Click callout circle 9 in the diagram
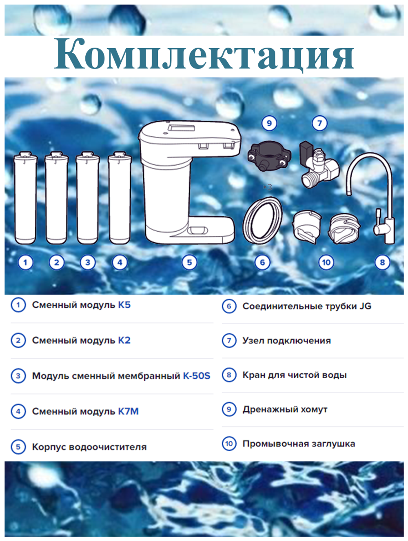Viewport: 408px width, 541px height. click(269, 123)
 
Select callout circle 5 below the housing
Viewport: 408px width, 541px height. click(189, 262)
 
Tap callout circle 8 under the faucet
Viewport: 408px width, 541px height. click(382, 262)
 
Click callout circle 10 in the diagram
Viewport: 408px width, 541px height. click(326, 262)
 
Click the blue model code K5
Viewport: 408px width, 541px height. click(124, 305)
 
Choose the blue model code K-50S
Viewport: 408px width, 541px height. click(196, 376)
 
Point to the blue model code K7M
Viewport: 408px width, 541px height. click(129, 411)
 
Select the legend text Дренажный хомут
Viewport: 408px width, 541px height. click(285, 409)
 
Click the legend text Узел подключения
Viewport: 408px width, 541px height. click(286, 341)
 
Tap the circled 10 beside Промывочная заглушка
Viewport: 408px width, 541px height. click(229, 443)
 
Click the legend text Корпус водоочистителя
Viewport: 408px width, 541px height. click(89, 447)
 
